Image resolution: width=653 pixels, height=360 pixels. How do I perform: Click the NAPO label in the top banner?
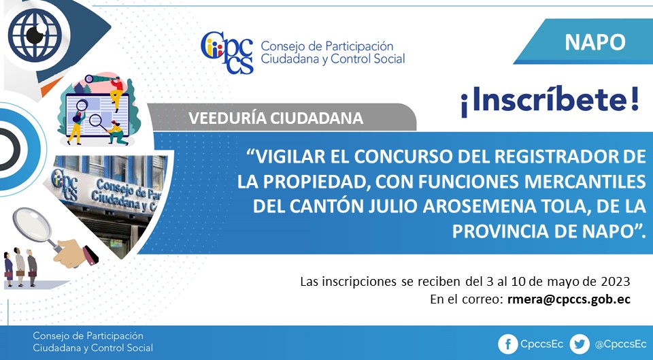(x=595, y=42)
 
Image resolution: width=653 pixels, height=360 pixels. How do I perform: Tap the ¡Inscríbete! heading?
(x=550, y=101)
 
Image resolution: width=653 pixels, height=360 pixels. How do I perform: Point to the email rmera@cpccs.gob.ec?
(x=569, y=299)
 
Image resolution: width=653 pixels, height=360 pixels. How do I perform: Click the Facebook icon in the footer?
(x=508, y=344)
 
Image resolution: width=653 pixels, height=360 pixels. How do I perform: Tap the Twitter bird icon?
(x=580, y=344)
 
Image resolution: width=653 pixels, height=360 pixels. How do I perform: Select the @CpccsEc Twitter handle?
(x=620, y=344)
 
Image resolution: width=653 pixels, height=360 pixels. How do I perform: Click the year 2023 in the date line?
(x=615, y=282)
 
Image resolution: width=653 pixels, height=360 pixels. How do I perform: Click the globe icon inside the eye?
(x=35, y=35)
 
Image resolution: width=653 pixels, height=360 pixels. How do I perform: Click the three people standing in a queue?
(x=20, y=267)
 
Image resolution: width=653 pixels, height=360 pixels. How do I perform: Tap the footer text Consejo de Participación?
(x=88, y=336)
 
